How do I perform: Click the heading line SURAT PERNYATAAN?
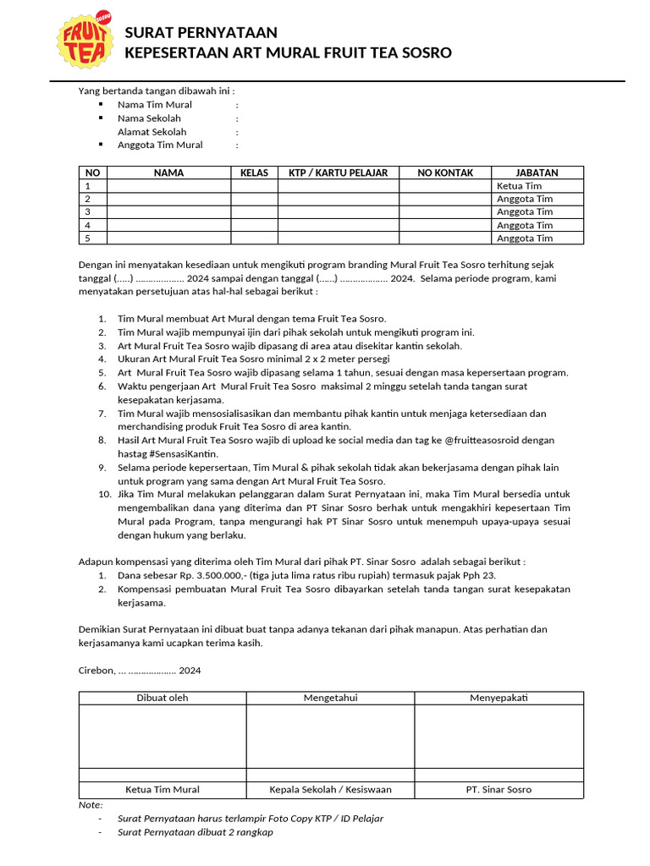pos(201,33)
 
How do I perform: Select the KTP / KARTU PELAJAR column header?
pos(339,173)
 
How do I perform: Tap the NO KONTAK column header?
pos(445,173)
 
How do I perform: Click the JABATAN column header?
pos(537,173)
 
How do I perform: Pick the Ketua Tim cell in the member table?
pos(520,186)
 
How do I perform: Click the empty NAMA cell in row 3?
pos(168,212)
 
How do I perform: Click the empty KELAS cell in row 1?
pos(254,186)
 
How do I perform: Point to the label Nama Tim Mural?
pos(155,105)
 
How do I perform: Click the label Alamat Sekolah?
pos(152,132)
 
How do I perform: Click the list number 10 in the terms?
pos(104,494)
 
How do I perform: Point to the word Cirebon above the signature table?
pos(96,671)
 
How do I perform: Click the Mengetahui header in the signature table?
pos(330,698)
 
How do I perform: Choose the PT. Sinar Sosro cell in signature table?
pos(499,790)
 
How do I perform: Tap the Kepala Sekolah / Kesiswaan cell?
pos(330,790)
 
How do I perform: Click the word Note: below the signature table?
pos(91,804)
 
